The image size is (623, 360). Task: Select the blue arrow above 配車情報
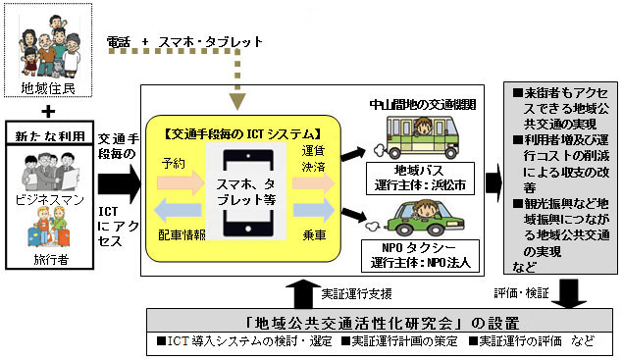coord(176,210)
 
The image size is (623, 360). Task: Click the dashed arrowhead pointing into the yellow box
coord(236,98)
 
